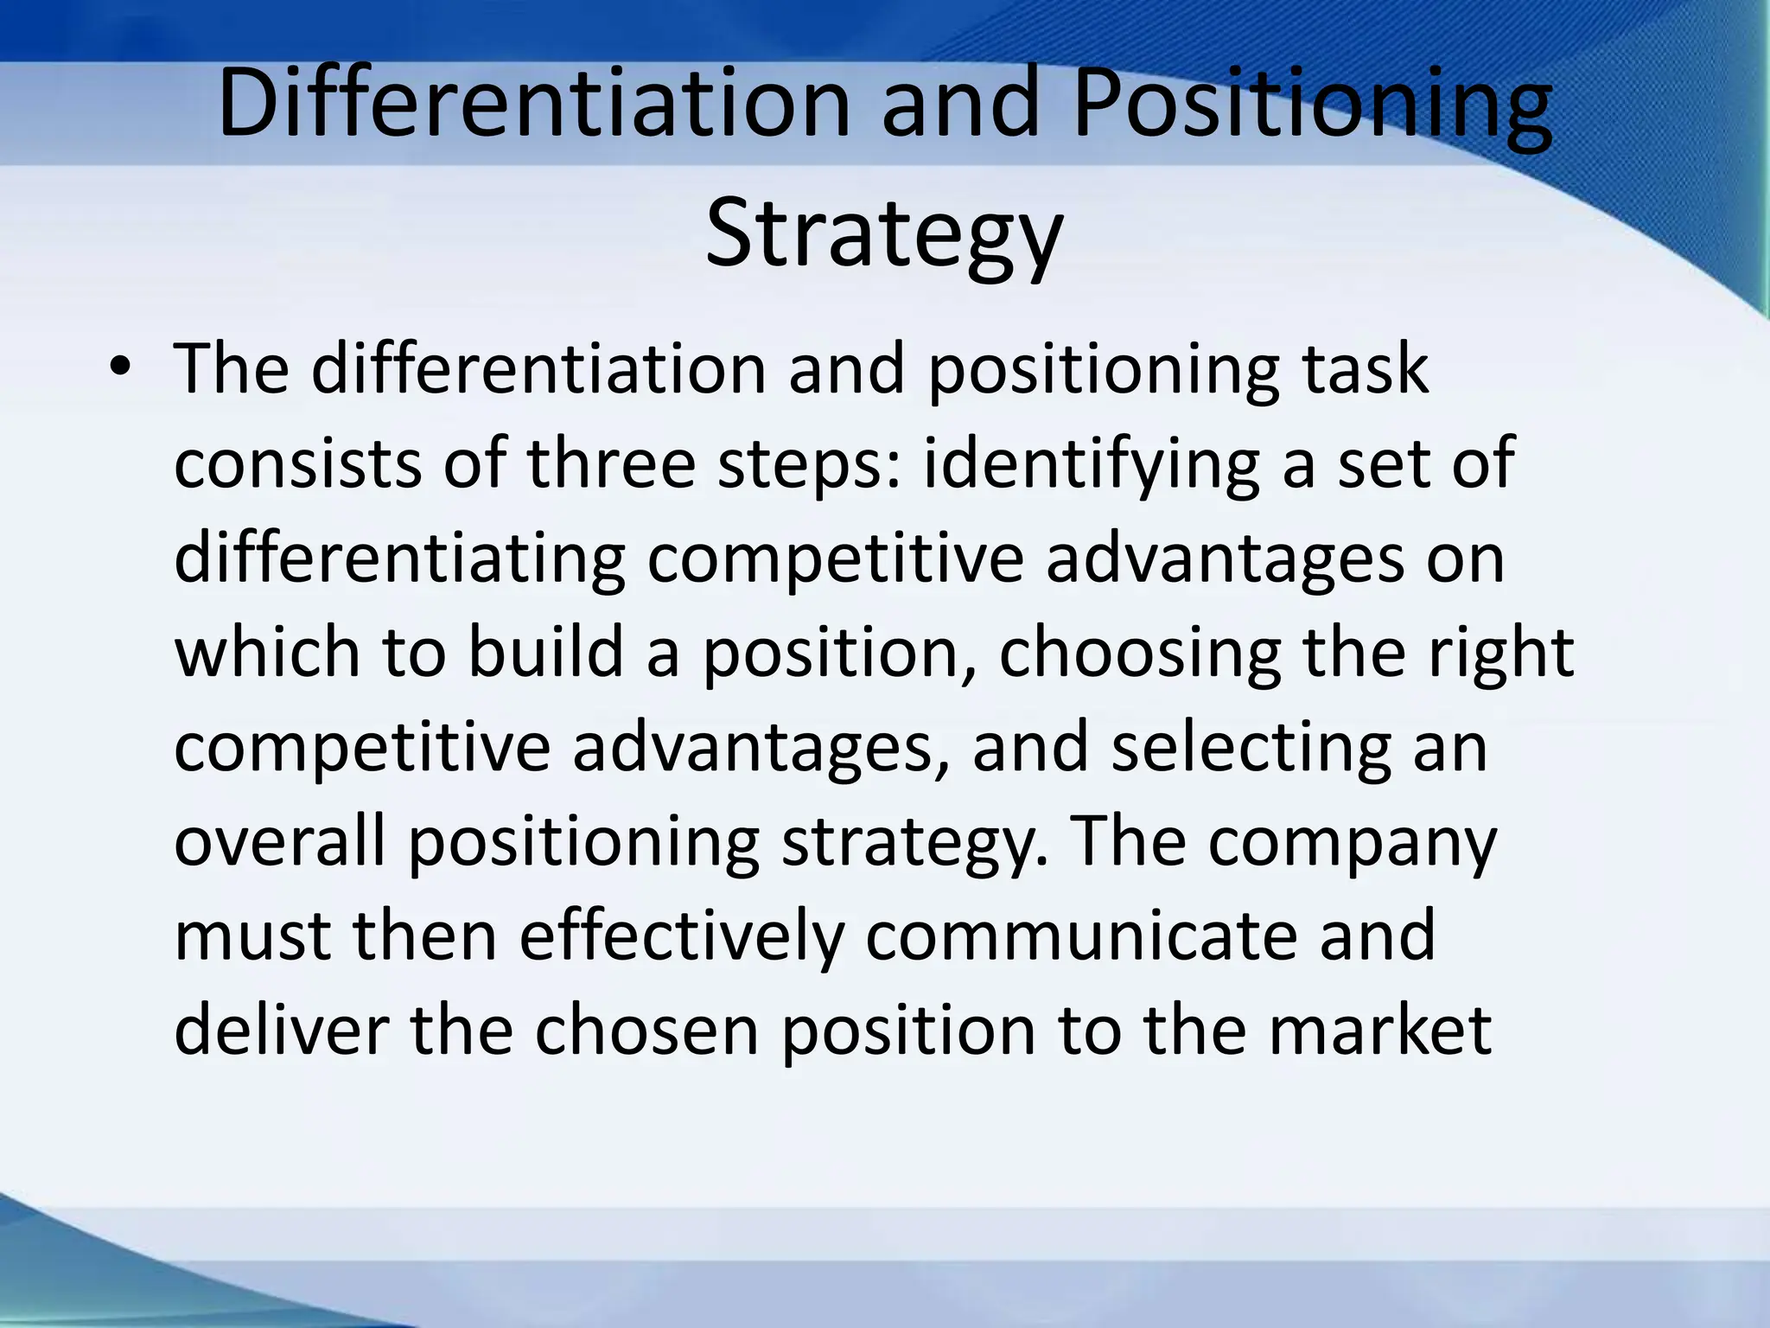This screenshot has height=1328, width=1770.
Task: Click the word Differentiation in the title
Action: click(x=534, y=104)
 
